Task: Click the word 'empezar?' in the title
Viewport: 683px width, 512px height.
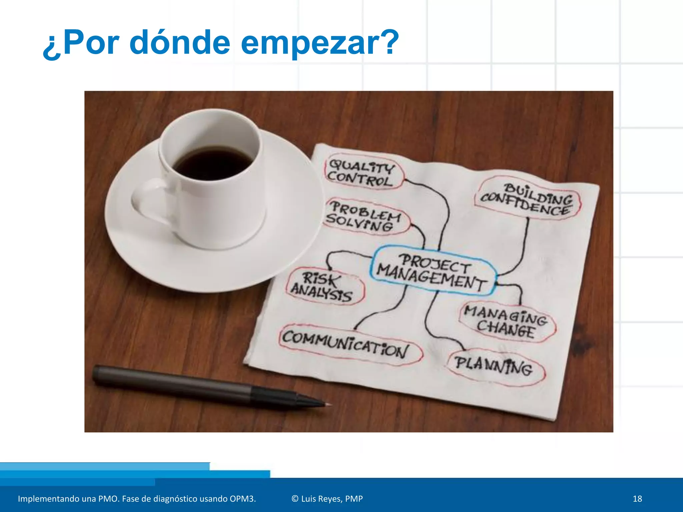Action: [x=319, y=43]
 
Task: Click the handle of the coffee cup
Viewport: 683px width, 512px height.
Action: [x=147, y=203]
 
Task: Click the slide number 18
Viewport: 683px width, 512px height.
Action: [x=637, y=499]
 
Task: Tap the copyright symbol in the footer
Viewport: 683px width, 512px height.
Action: [x=295, y=499]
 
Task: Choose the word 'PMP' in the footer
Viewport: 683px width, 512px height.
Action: [x=354, y=499]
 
